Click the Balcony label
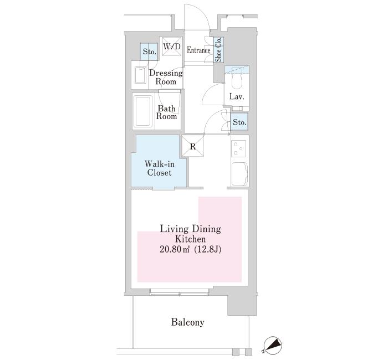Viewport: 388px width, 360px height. [187, 322]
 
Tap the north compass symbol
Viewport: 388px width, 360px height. [273, 345]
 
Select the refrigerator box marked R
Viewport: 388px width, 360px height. [193, 147]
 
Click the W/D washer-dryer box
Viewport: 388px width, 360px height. [172, 47]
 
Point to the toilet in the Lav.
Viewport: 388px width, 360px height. [237, 81]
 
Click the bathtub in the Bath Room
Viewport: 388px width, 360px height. [143, 111]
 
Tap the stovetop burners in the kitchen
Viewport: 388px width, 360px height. [239, 148]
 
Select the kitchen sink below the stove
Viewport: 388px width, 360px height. [239, 174]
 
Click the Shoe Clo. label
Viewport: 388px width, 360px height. [218, 50]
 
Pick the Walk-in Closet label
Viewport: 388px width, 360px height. [160, 168]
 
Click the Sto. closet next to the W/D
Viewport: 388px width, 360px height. [149, 52]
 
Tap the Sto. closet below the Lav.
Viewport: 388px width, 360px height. [239, 122]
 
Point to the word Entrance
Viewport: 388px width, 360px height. [198, 50]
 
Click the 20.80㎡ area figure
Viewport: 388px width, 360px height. [175, 249]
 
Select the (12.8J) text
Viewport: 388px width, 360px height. [207, 250]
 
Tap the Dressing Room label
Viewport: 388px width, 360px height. [166, 78]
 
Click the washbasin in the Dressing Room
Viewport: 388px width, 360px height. [141, 75]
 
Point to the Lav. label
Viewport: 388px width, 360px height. [237, 97]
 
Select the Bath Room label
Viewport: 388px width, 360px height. [166, 112]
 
